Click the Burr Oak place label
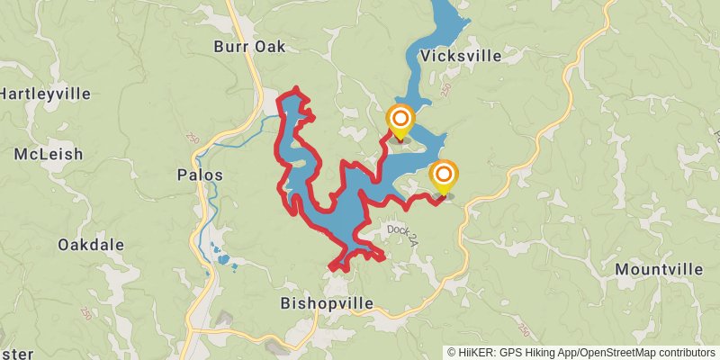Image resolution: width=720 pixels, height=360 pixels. [249, 46]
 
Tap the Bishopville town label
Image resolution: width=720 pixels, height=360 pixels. [327, 303]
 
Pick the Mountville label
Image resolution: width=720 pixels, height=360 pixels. [659, 269]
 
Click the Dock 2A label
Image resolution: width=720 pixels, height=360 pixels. [405, 230]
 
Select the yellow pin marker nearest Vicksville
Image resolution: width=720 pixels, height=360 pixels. [400, 121]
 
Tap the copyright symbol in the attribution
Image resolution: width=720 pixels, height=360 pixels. [452, 353]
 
